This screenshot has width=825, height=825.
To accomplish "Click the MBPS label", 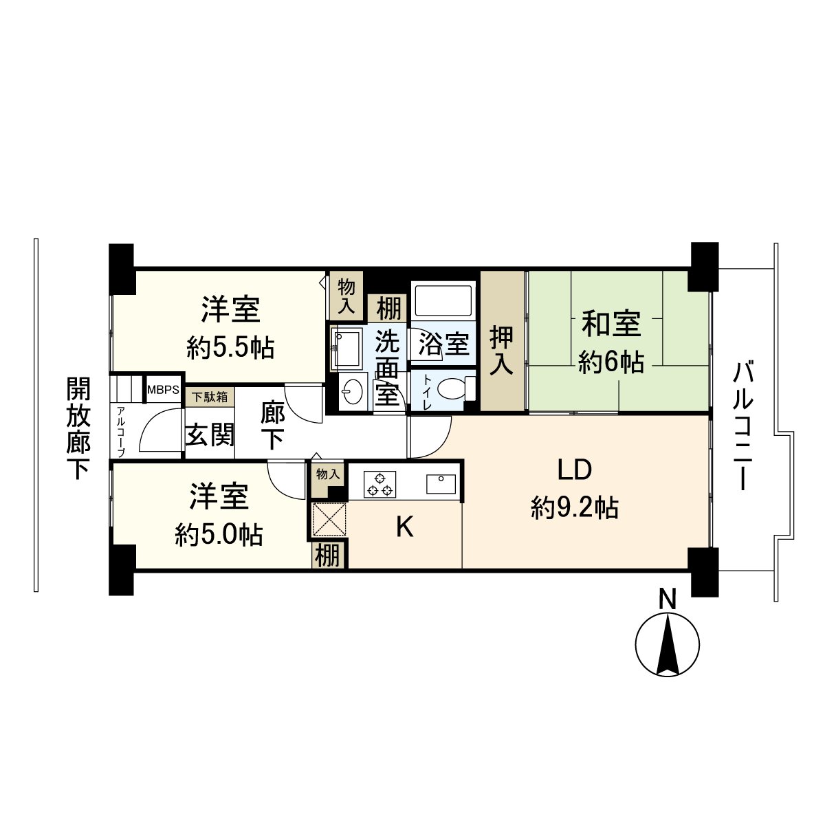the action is (163, 390).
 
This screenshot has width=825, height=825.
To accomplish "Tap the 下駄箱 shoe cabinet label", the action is (210, 397).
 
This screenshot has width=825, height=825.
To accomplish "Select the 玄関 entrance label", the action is (210, 434).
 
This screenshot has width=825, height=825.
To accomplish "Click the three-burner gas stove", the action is (379, 484).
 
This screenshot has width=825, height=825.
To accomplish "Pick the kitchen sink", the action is (441, 484).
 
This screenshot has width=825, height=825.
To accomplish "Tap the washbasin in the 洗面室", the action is (353, 391).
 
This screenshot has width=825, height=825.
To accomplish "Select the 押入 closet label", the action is (502, 351).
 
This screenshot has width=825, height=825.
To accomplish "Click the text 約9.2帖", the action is (575, 509).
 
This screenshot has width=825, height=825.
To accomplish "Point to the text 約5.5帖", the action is (230, 349).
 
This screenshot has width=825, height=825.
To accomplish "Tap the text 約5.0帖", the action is (219, 535).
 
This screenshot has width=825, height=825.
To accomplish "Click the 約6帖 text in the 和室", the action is (611, 362).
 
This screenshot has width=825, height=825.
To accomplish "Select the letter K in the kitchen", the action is (404, 527).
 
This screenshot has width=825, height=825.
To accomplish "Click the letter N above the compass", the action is (667, 599).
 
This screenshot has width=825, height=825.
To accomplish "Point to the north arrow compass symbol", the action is (668, 656).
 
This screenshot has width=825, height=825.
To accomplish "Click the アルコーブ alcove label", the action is (121, 432).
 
